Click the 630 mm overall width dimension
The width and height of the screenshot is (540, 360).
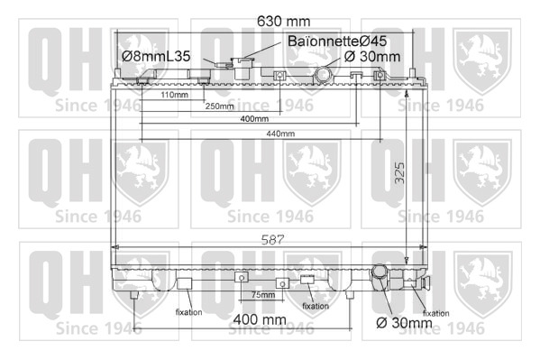coord(283,22)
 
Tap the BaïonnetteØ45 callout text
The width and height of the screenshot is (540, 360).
coord(337,41)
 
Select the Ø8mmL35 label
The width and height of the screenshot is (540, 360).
coord(156,56)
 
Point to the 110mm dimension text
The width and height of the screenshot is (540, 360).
coord(174,95)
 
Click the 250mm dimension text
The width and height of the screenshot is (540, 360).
coord(219,106)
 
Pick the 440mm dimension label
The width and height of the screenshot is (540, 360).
coord(280,134)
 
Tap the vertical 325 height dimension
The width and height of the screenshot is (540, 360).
coord(399,173)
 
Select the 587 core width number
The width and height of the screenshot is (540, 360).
coord(272,240)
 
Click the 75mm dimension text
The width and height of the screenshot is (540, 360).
coord(263,295)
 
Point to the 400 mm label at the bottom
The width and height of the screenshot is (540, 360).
coord(260,319)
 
